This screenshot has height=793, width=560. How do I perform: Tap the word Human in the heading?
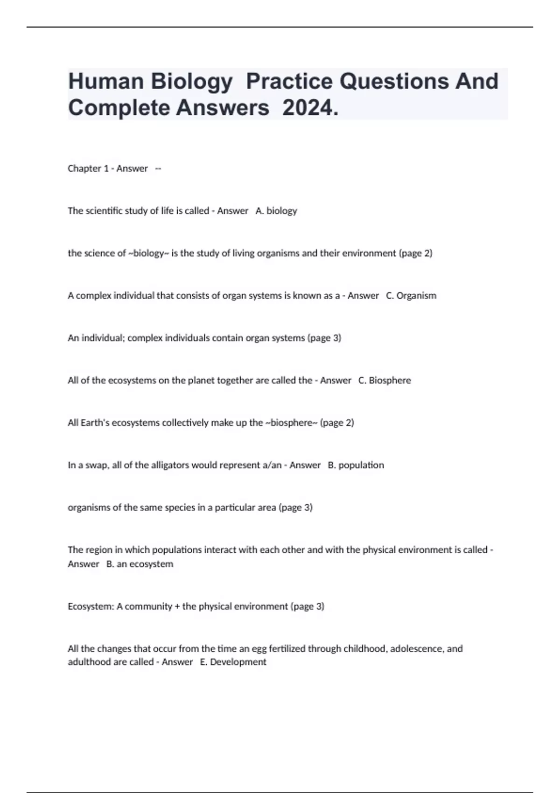(x=105, y=81)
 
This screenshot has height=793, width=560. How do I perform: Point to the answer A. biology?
(x=276, y=211)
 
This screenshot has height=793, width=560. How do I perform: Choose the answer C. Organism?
(x=411, y=296)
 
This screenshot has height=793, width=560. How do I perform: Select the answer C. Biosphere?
(x=385, y=381)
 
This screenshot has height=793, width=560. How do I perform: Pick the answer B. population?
(x=356, y=465)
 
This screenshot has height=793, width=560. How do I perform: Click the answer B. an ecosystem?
(x=140, y=564)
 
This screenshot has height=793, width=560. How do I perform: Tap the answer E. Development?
(x=233, y=662)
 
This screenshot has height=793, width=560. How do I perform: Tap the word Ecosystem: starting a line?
(x=91, y=606)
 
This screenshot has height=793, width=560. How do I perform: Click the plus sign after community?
(x=177, y=606)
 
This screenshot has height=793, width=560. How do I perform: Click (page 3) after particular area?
(x=295, y=508)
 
